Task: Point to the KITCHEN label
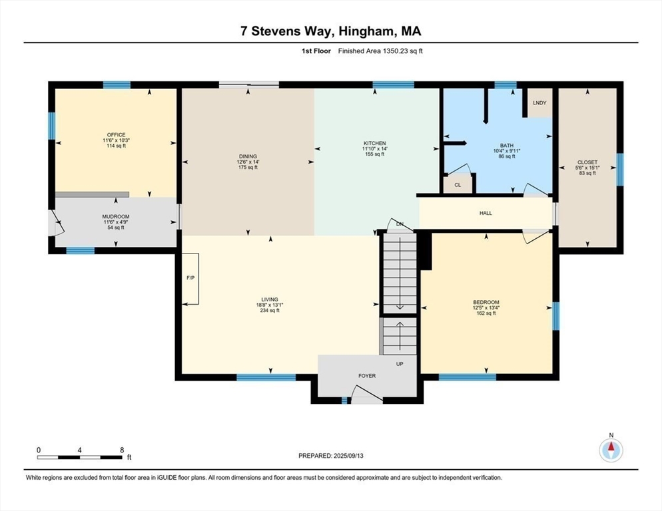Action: pos(374,144)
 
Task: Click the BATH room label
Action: pos(507,145)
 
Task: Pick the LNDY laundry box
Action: pos(539,104)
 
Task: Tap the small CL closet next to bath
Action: pos(458,185)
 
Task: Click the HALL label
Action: pos(486,213)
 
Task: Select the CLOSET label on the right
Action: pos(587,162)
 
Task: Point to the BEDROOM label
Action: pos(486,302)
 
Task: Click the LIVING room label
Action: pos(270,299)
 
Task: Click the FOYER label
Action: pos(367,376)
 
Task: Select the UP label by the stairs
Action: pos(400,364)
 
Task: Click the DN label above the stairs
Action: pos(400,224)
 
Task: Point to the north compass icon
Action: pos(611,450)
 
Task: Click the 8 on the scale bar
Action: pos(121,450)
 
